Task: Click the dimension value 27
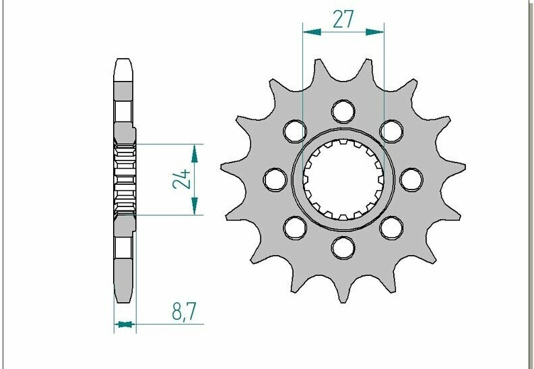pyautogui.click(x=343, y=20)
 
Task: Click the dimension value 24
pyautogui.click(x=182, y=179)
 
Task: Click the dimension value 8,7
pyautogui.click(x=185, y=312)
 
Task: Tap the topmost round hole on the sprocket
pyautogui.click(x=343, y=111)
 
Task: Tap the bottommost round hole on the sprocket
pyautogui.click(x=343, y=248)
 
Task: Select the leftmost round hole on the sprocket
pyautogui.click(x=275, y=179)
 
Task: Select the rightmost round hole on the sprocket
pyautogui.click(x=411, y=179)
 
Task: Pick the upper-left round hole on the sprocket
pyautogui.click(x=295, y=132)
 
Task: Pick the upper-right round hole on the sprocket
pyautogui.click(x=392, y=132)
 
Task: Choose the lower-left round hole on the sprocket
pyautogui.click(x=295, y=228)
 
